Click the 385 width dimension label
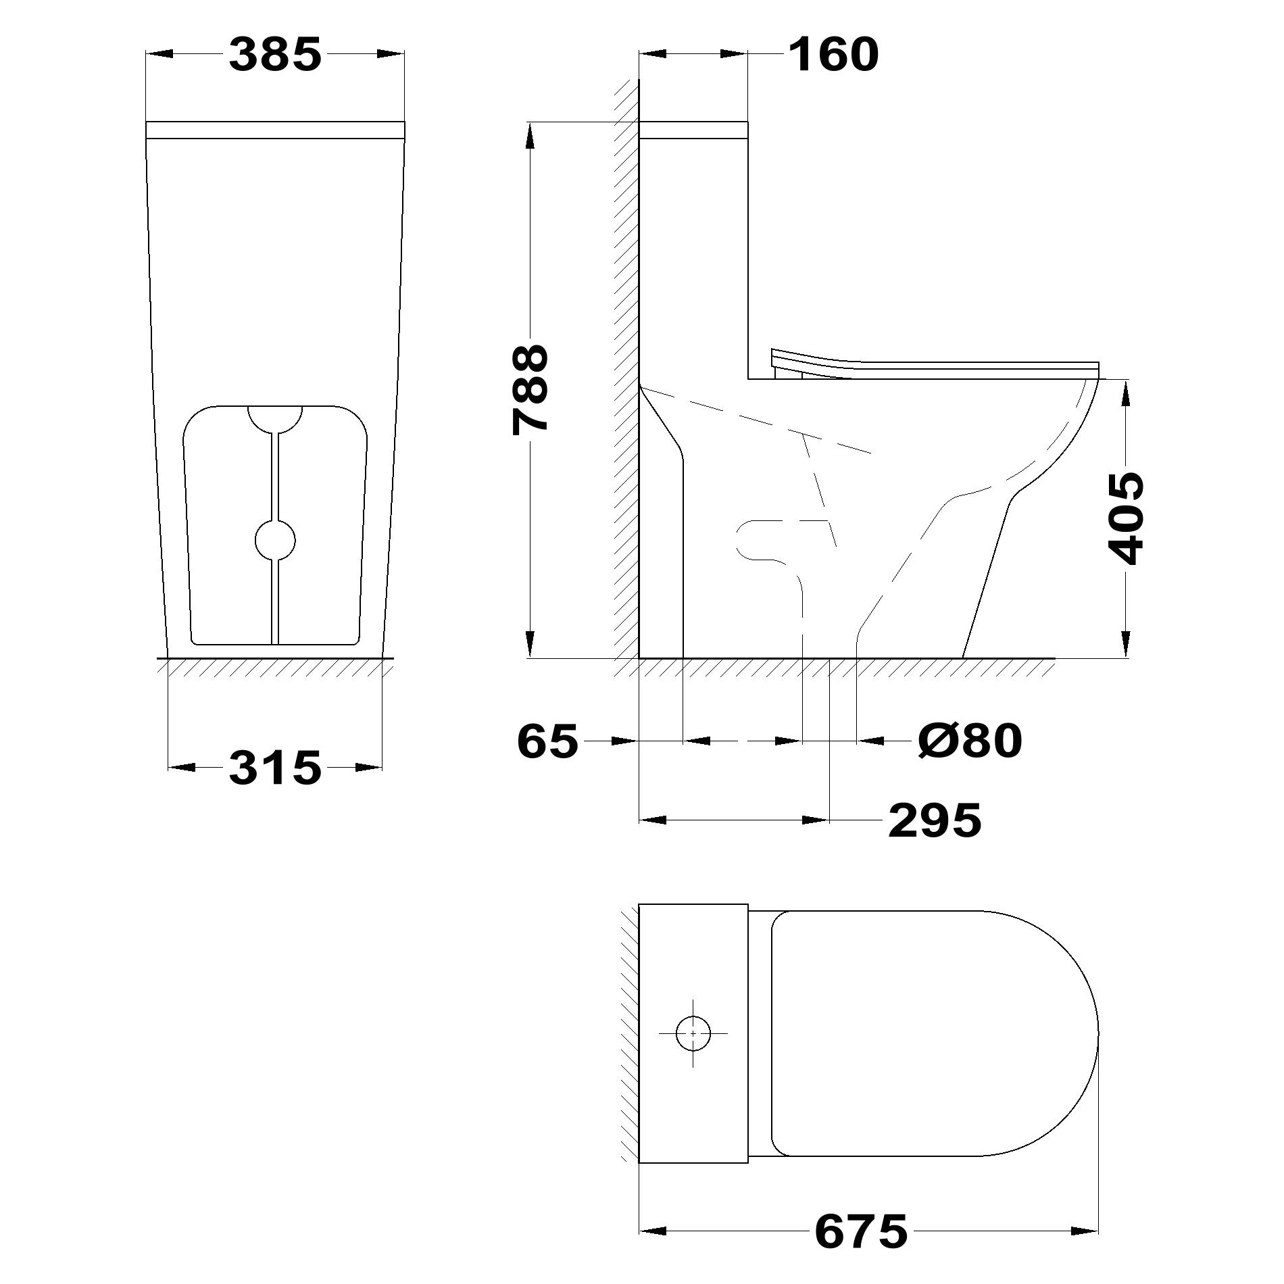(x=275, y=55)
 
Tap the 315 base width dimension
(x=275, y=768)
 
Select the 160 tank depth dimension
(x=833, y=55)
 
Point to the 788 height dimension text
(x=530, y=389)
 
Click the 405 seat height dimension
(x=1127, y=518)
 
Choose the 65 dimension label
(x=548, y=741)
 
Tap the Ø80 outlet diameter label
(x=970, y=741)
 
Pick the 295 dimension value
(x=935, y=820)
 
